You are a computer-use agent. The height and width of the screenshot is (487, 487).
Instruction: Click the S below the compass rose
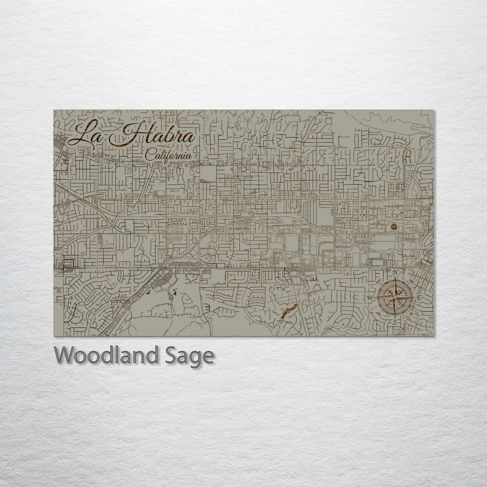click(394, 322)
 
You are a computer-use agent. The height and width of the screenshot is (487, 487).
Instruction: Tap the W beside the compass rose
click(370, 298)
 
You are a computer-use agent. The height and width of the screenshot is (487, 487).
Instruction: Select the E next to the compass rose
click(419, 298)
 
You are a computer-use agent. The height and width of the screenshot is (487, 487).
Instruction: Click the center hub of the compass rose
click(395, 297)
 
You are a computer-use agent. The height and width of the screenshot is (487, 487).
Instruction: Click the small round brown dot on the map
click(393, 227)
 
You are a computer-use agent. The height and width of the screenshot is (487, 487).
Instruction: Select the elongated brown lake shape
click(289, 310)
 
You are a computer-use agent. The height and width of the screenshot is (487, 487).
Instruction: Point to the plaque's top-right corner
click(433, 110)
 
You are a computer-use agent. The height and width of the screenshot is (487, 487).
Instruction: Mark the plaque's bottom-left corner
click(54, 336)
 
